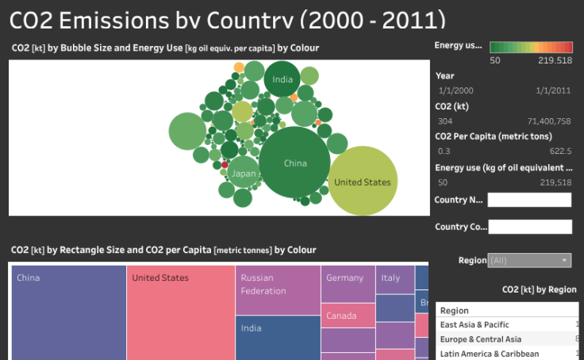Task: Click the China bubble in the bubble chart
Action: pyautogui.click(x=294, y=163)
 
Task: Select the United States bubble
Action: pyautogui.click(x=362, y=182)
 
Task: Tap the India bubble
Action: pyautogui.click(x=282, y=79)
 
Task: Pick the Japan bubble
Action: pyautogui.click(x=244, y=173)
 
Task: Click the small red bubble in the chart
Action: pyautogui.click(x=225, y=165)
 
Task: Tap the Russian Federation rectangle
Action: pyautogui.click(x=278, y=289)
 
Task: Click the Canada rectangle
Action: pyautogui.click(x=348, y=316)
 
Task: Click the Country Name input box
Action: pyautogui.click(x=529, y=201)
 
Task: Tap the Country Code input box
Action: pyautogui.click(x=530, y=227)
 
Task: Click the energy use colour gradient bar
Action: pyautogui.click(x=531, y=46)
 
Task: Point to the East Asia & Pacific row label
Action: pyautogui.click(x=474, y=324)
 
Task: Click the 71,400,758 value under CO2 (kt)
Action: pyautogui.click(x=544, y=121)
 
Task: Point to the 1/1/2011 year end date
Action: pyautogui.click(x=553, y=90)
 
